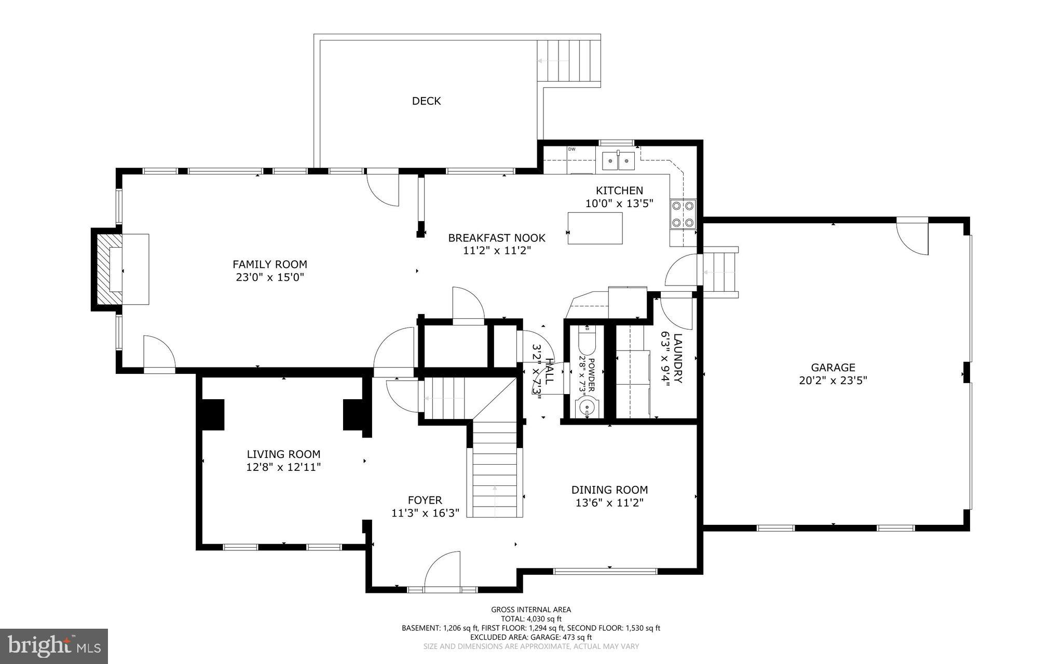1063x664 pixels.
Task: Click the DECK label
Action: pos(426,101)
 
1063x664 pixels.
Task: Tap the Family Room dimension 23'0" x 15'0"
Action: pos(269,277)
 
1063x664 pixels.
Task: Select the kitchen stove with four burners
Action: pos(683,214)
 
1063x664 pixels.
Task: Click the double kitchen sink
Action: pos(618,161)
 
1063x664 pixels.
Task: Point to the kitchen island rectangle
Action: pos(595,228)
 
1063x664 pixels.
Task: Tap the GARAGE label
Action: pos(833,368)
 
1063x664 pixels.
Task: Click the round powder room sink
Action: pos(587,406)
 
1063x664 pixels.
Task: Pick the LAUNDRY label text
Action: pos(678,358)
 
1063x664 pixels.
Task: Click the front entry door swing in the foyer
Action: pos(443,571)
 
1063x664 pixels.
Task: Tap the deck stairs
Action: pos(569,61)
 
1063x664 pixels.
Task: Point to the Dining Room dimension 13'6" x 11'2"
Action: pos(609,503)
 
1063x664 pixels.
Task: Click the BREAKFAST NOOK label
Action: pos(497,238)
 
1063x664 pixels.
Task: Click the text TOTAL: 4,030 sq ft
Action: pos(531,619)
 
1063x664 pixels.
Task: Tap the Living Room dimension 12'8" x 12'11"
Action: pos(283,467)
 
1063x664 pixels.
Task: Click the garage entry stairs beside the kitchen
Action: pos(720,272)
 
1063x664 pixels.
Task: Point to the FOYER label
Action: pos(425,500)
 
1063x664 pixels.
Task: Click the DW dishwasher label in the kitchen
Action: pos(571,150)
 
